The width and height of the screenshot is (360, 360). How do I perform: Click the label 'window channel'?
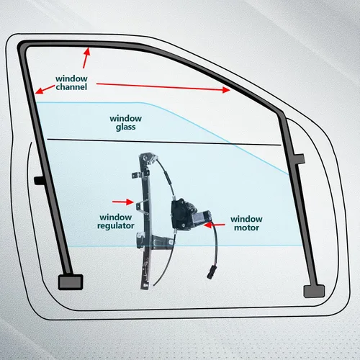71,83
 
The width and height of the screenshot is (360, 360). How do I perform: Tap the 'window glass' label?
125,122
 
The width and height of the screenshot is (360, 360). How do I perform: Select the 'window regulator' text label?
116,222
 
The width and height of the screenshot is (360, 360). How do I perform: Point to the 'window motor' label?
246,223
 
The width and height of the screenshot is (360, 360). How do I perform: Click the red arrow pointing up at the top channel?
86,58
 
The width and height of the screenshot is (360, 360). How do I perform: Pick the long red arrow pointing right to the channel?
163,86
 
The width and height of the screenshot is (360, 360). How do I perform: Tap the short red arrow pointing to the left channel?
45,89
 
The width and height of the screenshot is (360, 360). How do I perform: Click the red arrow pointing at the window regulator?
123,202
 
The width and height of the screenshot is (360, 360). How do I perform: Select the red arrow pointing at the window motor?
215,225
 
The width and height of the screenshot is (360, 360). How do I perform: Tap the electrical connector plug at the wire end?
212,272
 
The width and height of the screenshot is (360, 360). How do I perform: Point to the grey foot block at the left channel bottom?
71,282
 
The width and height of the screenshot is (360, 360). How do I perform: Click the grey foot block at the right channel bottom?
314,291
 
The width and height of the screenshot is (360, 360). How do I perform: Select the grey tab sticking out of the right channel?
300,159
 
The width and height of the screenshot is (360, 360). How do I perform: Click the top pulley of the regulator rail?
148,158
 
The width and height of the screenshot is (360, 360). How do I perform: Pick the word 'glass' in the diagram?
125,127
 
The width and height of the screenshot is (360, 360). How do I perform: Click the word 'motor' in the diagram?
246,228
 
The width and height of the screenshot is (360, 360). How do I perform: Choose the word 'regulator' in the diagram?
116,226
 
